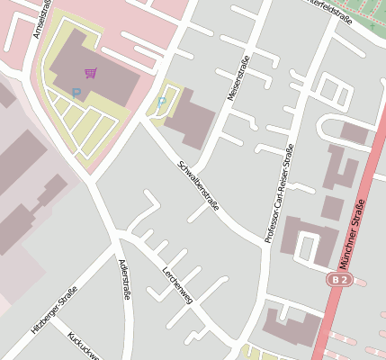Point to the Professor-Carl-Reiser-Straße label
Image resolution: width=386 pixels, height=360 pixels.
tap(280, 197)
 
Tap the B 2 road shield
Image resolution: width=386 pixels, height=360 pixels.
tap(337, 281)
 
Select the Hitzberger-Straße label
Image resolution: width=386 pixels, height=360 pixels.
tap(54, 310)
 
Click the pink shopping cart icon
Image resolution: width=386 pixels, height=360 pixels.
tap(90, 72)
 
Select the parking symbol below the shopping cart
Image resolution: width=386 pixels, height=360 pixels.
tap(76, 93)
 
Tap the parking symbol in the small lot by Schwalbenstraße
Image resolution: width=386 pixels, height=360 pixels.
tap(162, 103)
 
